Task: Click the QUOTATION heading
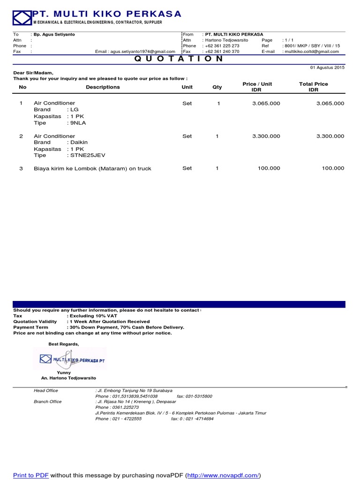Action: click(x=180, y=59)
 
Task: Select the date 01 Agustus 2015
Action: click(x=327, y=68)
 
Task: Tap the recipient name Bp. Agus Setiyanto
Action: click(x=54, y=34)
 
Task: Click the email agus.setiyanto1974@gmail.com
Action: click(x=135, y=52)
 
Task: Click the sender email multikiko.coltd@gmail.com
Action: click(x=311, y=52)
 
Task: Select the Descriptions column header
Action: click(x=103, y=87)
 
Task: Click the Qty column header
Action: click(x=217, y=87)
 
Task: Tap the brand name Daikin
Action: click(x=79, y=142)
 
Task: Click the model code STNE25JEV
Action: click(x=87, y=155)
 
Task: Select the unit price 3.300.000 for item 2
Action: click(x=266, y=136)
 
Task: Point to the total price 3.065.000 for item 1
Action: click(x=330, y=103)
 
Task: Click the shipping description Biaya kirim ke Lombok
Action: click(x=92, y=168)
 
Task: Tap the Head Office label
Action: click(x=46, y=390)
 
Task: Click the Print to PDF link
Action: click(x=30, y=475)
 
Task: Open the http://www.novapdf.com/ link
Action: click(x=223, y=475)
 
